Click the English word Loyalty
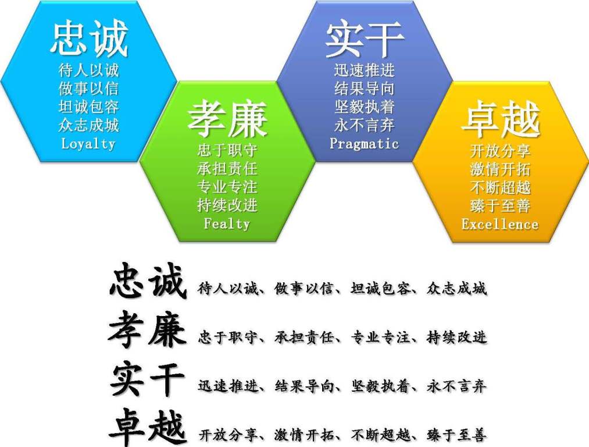(88, 144)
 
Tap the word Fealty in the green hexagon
(227, 223)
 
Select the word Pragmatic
(364, 144)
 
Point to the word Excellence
(500, 224)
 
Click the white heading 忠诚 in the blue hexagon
(89, 39)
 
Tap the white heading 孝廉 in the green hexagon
(227, 119)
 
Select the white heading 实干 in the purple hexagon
(365, 39)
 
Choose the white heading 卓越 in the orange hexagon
(501, 119)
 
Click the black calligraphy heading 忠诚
(148, 281)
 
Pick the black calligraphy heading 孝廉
(147, 330)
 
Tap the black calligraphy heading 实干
(147, 379)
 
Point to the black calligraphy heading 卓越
(147, 427)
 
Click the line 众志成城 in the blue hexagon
(88, 125)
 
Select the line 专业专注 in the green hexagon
(227, 187)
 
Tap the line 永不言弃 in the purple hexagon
(365, 125)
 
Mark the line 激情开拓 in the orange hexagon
(501, 169)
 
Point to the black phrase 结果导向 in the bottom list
(304, 386)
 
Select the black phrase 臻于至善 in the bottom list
(457, 435)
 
